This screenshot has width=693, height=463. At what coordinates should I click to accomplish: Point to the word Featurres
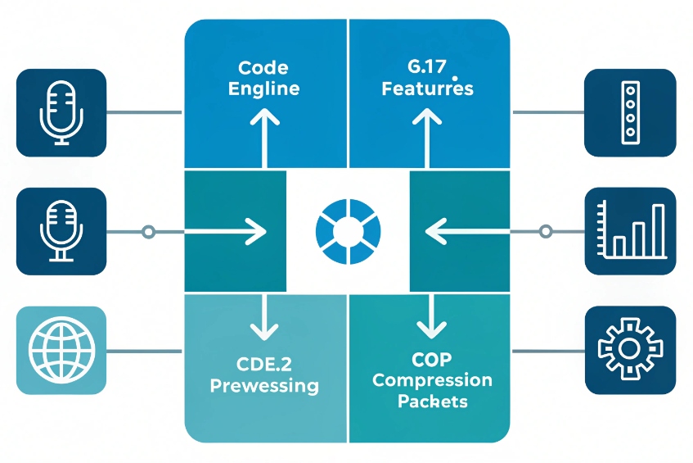(x=428, y=88)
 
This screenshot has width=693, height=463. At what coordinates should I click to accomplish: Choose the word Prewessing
(x=264, y=385)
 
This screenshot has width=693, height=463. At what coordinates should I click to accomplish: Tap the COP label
(x=432, y=361)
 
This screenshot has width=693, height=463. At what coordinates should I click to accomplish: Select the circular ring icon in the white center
(x=349, y=232)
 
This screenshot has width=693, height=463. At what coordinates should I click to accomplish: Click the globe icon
(x=61, y=351)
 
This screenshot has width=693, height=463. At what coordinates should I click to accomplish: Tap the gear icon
(x=630, y=351)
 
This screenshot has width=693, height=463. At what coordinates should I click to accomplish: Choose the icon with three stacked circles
(x=629, y=112)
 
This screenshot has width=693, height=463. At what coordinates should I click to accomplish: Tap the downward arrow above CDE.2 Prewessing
(x=264, y=320)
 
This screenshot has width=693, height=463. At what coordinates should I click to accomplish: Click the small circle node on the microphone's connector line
(x=148, y=232)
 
